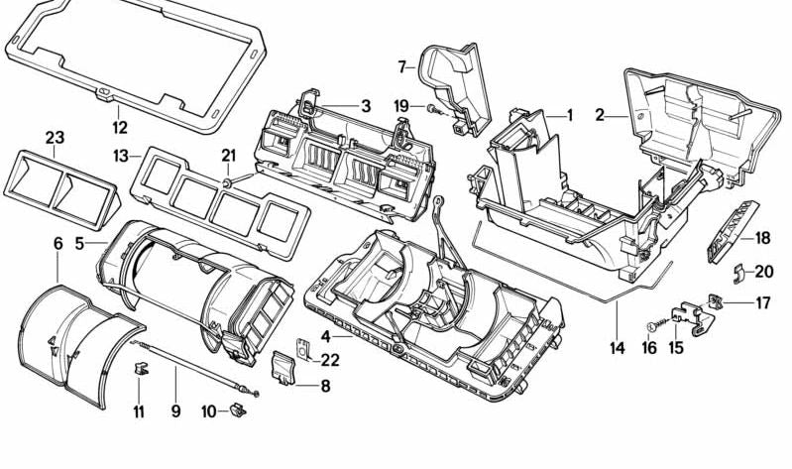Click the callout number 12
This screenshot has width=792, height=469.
(x=120, y=128)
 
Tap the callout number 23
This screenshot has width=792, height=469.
(x=55, y=137)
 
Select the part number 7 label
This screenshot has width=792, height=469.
(x=403, y=67)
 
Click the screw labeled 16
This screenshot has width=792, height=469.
(x=653, y=324)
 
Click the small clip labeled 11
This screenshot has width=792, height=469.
(x=140, y=373)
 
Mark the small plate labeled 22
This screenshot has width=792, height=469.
(x=305, y=349)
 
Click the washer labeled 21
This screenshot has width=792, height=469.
(x=227, y=183)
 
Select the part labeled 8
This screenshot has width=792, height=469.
(x=284, y=367)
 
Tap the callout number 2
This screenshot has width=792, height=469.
(x=600, y=115)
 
